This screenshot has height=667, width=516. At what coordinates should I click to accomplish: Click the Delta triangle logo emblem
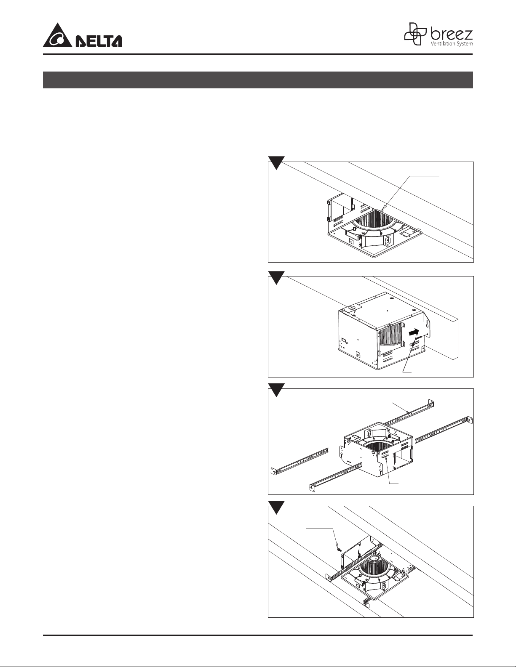point(58,35)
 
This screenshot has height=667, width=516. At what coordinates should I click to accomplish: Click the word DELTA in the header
point(99,41)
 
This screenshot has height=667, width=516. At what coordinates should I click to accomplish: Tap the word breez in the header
point(451,34)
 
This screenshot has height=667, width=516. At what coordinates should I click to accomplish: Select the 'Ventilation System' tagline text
point(452,44)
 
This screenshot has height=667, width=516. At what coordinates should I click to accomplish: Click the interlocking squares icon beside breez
point(415,34)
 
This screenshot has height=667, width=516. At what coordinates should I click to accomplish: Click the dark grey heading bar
point(258,80)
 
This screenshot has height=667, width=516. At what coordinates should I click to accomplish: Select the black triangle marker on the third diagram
point(276,390)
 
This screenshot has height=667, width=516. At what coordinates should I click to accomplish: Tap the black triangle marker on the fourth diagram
point(276,507)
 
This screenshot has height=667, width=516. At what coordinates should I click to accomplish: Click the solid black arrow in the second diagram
point(413,332)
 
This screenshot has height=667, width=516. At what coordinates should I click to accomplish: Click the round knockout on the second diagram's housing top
point(352,307)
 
